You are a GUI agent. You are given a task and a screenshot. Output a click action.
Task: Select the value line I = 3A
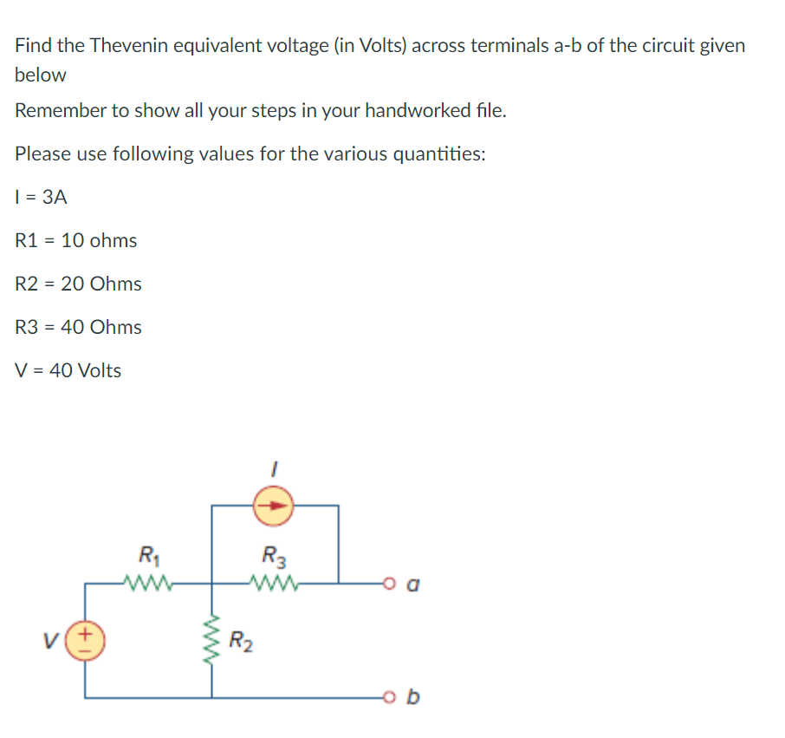click(41, 197)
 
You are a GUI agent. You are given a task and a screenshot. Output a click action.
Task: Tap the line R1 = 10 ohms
click(76, 240)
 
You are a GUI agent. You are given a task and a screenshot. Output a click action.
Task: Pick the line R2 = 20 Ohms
click(79, 284)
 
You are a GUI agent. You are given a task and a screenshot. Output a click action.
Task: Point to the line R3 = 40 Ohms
click(79, 327)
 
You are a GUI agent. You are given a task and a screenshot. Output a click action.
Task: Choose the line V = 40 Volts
click(68, 370)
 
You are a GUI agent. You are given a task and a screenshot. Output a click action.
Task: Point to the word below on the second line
click(41, 75)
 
